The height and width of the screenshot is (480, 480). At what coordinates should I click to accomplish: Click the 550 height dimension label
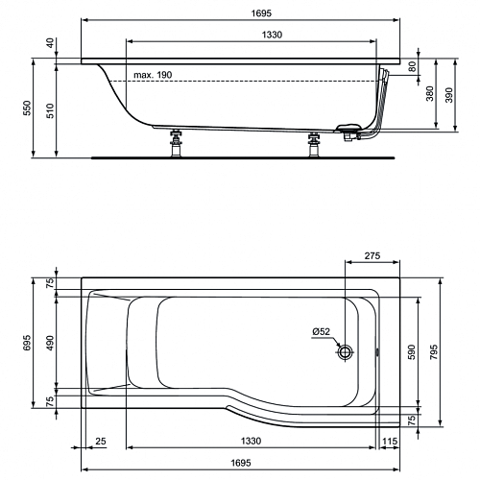coord(28,108)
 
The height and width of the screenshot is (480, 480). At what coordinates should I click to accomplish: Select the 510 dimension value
coord(51,110)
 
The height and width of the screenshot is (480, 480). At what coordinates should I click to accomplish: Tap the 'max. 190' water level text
coord(153,75)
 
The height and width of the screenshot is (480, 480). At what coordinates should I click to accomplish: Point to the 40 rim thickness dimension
coord(51,43)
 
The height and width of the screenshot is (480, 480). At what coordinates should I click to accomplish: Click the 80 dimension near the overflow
coord(413,66)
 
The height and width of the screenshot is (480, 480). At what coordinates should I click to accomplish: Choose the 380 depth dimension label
coord(430,93)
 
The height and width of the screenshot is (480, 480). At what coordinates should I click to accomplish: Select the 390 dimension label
coord(449,95)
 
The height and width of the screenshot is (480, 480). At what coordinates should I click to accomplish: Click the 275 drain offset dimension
coord(372,255)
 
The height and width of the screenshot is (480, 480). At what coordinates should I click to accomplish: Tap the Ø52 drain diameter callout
coord(321,332)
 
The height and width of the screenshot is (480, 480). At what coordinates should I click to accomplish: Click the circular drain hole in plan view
coord(346,352)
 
